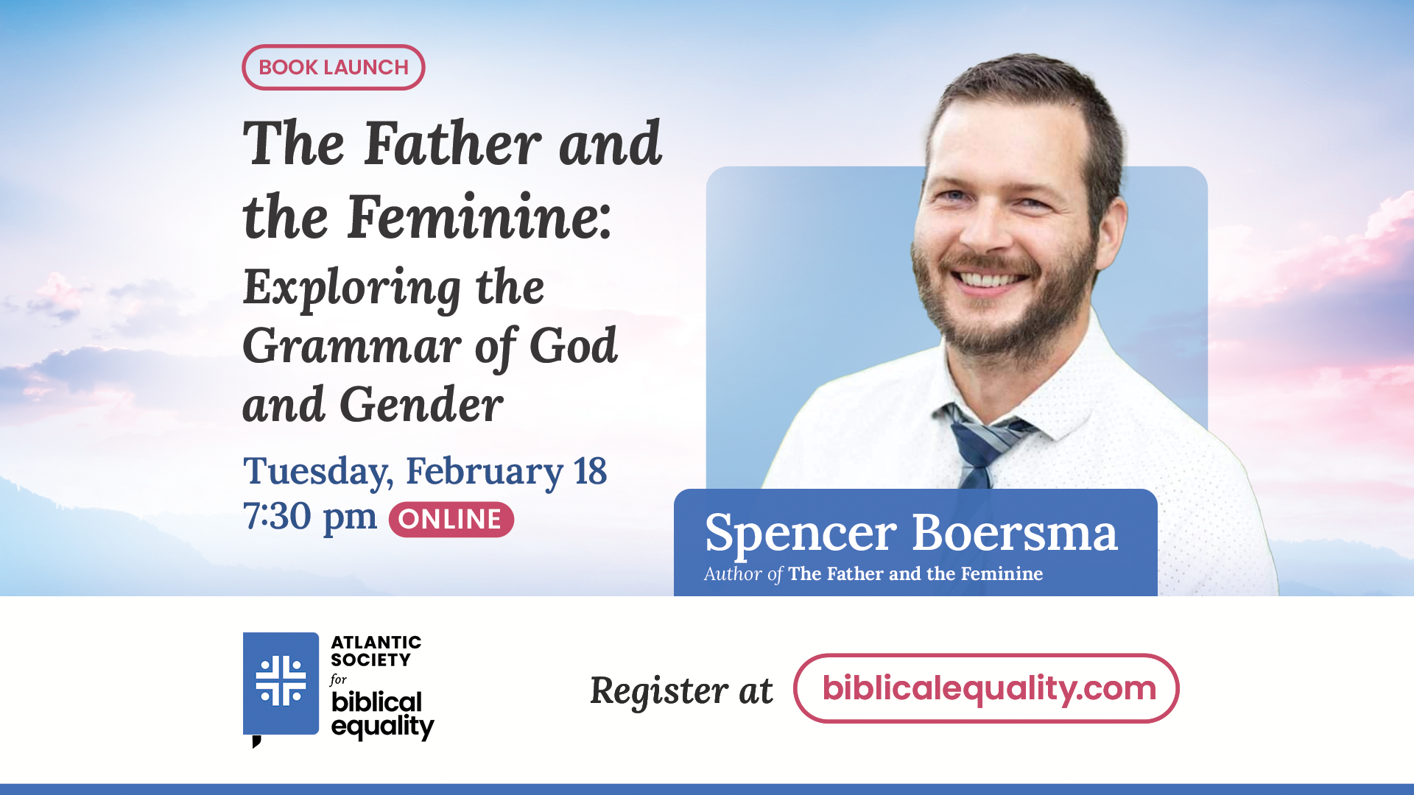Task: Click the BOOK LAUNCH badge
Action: click(333, 67)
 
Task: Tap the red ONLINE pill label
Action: click(451, 519)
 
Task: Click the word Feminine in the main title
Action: click(479, 217)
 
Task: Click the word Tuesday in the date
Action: click(317, 472)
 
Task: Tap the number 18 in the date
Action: click(590, 471)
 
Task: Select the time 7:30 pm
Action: click(309, 516)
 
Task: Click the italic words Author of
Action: click(742, 574)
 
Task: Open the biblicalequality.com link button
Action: click(986, 688)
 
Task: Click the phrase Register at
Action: click(681, 691)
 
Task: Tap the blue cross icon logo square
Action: click(281, 682)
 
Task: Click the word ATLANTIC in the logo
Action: click(376, 643)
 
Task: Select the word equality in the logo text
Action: click(382, 727)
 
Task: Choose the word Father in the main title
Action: click(453, 144)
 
